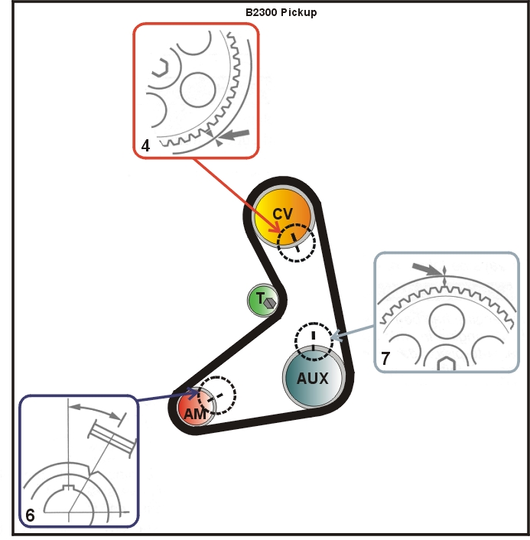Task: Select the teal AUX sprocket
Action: [x=311, y=377]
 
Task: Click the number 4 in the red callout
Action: [x=145, y=145]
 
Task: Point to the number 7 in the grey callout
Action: [x=386, y=356]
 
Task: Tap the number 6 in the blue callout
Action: [x=29, y=516]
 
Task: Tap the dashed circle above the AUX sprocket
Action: [x=314, y=340]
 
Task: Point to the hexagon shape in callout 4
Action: [x=158, y=69]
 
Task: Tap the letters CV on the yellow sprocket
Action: [x=283, y=213]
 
